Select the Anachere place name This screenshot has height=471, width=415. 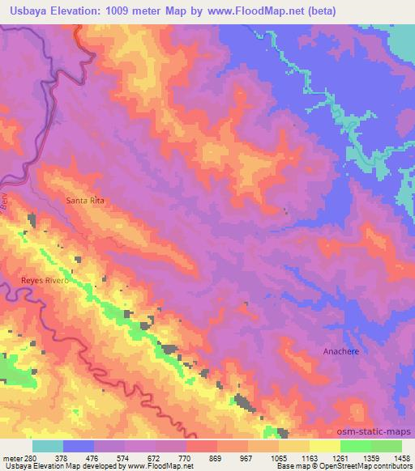[x=340, y=351]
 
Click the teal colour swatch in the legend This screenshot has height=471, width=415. [x=47, y=446]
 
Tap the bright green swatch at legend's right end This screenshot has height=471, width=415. [x=387, y=446]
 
